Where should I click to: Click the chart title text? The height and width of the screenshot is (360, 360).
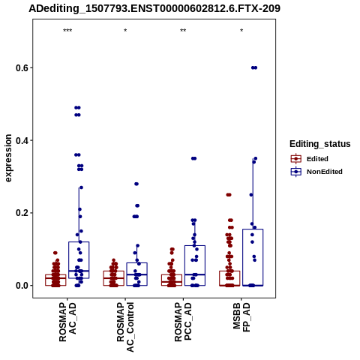pyautogui.click(x=154, y=9)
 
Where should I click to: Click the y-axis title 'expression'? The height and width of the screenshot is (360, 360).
pyautogui.click(x=8, y=158)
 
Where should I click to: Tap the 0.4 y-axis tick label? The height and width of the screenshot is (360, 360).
pyautogui.click(x=21, y=140)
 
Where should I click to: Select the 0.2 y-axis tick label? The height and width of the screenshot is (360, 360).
pyautogui.click(x=21, y=213)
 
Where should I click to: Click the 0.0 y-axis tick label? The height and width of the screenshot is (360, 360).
pyautogui.click(x=21, y=286)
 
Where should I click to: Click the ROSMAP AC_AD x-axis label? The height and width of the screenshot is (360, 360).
pyautogui.click(x=67, y=322)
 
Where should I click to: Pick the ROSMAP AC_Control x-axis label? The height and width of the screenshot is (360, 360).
pyautogui.click(x=125, y=327)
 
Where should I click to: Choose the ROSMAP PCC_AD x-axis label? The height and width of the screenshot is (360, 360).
pyautogui.click(x=183, y=322)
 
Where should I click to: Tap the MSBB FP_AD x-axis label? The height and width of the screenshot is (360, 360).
pyautogui.click(x=241, y=317)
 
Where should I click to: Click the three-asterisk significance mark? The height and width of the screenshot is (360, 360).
pyautogui.click(x=67, y=31)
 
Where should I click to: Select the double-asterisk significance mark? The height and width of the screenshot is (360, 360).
pyautogui.click(x=183, y=31)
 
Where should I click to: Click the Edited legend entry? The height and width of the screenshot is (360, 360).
pyautogui.click(x=310, y=159)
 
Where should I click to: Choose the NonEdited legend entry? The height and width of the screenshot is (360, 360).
pyautogui.click(x=316, y=172)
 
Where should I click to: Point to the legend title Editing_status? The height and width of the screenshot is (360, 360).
pyautogui.click(x=320, y=144)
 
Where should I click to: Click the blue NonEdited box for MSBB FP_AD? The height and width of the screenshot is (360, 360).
pyautogui.click(x=253, y=229)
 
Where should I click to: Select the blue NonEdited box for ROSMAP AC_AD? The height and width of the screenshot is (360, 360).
pyautogui.click(x=79, y=242)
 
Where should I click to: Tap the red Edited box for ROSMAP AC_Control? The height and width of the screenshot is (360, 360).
pyautogui.click(x=114, y=271)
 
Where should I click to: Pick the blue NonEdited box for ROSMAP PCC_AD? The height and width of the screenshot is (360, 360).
pyautogui.click(x=195, y=246)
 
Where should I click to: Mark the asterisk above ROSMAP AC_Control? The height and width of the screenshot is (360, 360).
pyautogui.click(x=125, y=31)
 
